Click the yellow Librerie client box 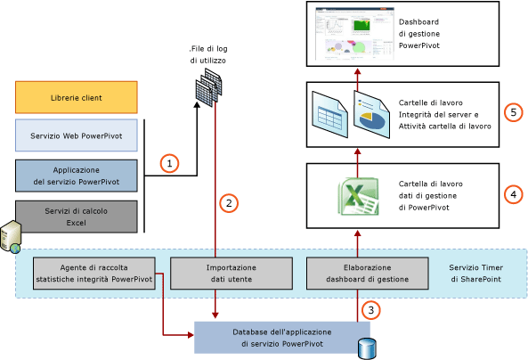[x=76, y=96]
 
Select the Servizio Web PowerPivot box [x=76, y=135]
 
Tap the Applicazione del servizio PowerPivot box [x=76, y=176]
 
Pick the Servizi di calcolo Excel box [x=76, y=215]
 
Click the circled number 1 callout [x=170, y=163]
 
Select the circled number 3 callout [x=371, y=311]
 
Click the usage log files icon [x=207, y=88]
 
